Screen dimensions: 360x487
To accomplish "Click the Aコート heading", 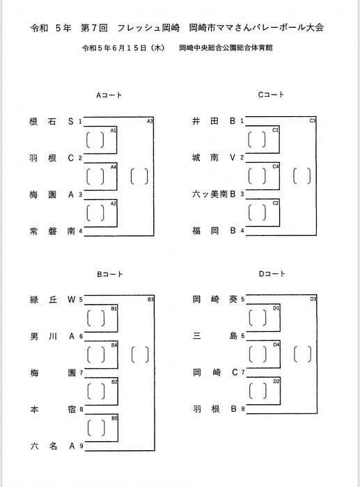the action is (109, 95).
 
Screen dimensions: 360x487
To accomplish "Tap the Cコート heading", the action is (271, 95).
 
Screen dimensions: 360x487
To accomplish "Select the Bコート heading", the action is (110, 274).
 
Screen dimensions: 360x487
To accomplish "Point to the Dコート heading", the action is (272, 273).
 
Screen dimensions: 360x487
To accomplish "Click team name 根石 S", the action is (52, 121).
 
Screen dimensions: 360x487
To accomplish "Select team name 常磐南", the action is (52, 231).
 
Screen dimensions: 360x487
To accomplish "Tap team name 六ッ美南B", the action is (214, 194).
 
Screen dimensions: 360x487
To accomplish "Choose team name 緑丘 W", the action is (53, 300).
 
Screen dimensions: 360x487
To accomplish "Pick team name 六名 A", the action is (53, 447).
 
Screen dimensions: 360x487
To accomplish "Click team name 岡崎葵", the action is (215, 299).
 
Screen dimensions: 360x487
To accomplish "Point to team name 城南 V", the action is (214, 157).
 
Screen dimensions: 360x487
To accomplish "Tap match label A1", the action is (114, 131).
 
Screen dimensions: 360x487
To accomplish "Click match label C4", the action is (276, 166).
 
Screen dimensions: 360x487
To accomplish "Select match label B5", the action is (114, 418).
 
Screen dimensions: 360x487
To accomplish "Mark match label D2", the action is (276, 381).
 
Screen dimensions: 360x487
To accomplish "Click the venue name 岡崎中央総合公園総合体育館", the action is (226, 48).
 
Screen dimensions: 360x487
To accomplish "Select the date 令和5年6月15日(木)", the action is (123, 48).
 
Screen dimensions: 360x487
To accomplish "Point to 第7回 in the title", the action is (94, 28).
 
